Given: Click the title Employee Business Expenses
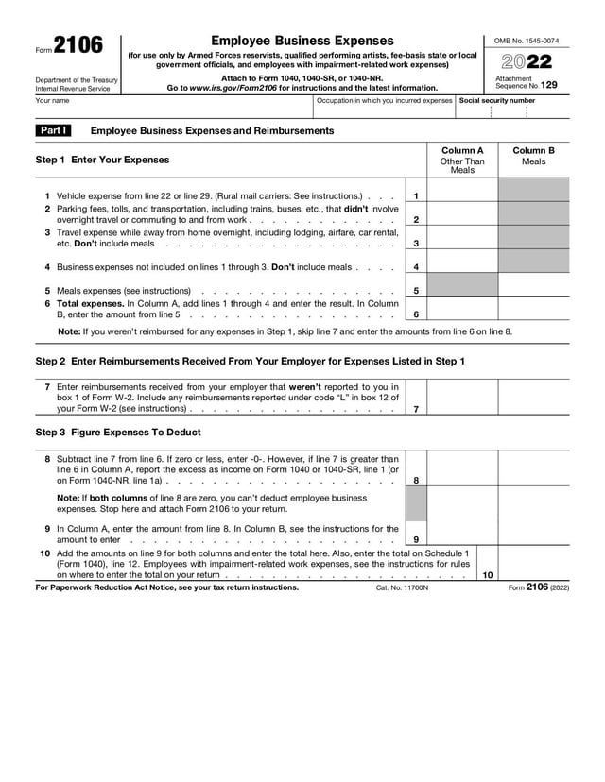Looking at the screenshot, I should (x=302, y=41).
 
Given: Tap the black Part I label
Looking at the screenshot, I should (x=50, y=130).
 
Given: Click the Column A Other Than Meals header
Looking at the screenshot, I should (x=462, y=160).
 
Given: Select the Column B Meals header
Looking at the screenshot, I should (x=533, y=155).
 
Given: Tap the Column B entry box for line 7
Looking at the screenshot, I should (x=533, y=398).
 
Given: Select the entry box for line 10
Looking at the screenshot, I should (x=533, y=562).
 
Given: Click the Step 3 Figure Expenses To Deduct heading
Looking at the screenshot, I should (x=118, y=433).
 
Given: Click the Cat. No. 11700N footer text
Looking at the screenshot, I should (x=402, y=587).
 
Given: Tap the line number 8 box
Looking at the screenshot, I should (x=416, y=481).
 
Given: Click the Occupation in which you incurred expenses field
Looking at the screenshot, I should (x=384, y=110).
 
